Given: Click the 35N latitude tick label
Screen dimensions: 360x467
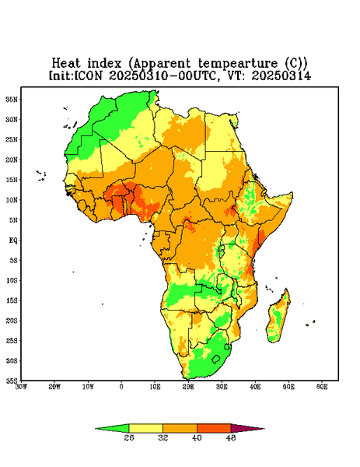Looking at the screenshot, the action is [12, 100].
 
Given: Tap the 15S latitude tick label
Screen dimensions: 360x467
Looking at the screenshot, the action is [12, 300].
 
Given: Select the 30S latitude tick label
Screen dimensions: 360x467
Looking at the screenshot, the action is [12, 361].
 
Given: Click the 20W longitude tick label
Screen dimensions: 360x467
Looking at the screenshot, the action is [54, 387].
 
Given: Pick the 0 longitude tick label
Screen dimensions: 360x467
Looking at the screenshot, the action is [121, 387].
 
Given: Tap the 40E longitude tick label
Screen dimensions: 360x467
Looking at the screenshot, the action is [255, 387].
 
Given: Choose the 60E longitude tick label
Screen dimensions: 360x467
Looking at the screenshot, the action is [322, 387].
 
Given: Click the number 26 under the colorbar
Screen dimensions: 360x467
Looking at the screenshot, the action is [129, 437].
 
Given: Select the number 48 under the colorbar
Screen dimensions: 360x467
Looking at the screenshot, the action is [231, 437].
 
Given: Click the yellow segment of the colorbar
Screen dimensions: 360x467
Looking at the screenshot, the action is [145, 429].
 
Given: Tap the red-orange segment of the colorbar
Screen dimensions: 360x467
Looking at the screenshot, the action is [214, 429].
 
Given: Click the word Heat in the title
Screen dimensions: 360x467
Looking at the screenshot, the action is [66, 64].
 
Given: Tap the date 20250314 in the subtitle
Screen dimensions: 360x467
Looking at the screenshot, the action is [281, 75].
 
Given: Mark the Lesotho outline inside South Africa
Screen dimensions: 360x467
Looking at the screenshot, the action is [216, 359].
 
